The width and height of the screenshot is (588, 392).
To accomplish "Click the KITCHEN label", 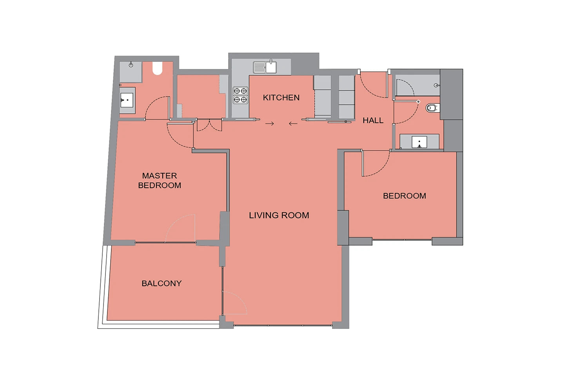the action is [281, 98].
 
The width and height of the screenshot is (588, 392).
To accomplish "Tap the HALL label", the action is [373, 120].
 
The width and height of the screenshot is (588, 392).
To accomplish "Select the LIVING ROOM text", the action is [279, 215].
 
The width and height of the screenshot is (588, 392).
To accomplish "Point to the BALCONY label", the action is [162, 283].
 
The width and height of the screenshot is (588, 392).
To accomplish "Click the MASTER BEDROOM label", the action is [160, 180].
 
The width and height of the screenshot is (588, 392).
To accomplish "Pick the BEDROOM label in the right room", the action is [405, 196].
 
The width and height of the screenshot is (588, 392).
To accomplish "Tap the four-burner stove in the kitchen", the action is [240, 95].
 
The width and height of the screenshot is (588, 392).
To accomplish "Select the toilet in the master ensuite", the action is [158, 68].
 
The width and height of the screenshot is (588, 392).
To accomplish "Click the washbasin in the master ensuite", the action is [127, 100].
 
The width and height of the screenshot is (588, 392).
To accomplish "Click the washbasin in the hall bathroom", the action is [419, 142].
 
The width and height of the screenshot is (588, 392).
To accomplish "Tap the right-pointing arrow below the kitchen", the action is [270, 123].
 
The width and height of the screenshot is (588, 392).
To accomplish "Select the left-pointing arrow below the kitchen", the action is [293, 123].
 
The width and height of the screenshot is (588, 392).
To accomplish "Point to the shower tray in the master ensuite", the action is [131, 72].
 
